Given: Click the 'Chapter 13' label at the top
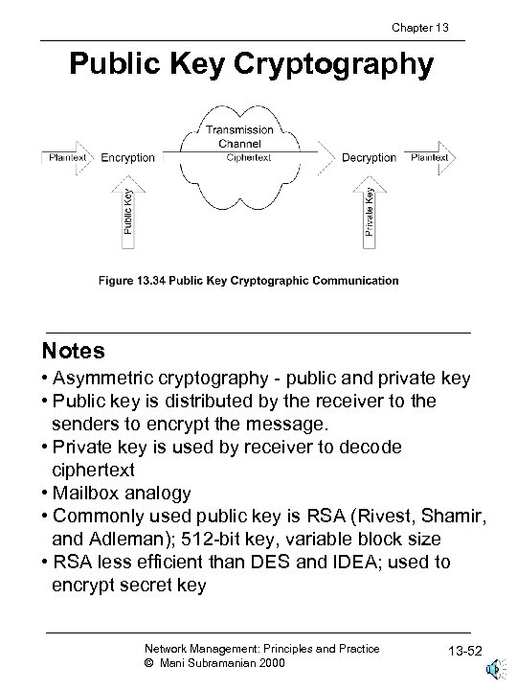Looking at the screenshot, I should click(418, 28).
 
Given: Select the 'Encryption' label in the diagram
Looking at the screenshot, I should click(128, 157).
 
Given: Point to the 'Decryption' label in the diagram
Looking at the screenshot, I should click(369, 157).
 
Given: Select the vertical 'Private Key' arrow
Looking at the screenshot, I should click(369, 209).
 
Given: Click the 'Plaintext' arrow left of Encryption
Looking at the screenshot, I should click(66, 157).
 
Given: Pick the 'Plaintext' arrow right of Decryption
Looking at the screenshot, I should click(430, 157).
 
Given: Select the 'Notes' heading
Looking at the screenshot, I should click(74, 351).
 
